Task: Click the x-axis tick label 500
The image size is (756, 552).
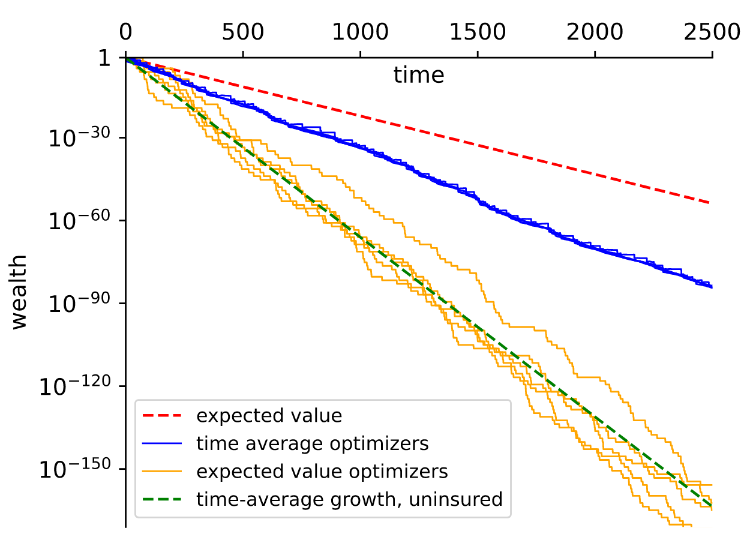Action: [x=242, y=32]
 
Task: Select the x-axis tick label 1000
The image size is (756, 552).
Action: [x=360, y=32]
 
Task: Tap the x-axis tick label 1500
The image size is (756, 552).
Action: [x=477, y=32]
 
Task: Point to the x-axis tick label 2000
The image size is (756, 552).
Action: [x=595, y=32]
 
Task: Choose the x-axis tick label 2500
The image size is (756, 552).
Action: [x=712, y=32]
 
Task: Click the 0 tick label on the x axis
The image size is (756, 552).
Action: [x=125, y=32]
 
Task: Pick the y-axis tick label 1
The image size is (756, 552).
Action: [x=104, y=59]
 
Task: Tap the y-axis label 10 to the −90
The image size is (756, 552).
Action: [x=79, y=305]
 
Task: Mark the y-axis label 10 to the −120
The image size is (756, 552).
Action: [x=74, y=387]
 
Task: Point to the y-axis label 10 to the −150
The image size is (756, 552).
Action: [x=74, y=470]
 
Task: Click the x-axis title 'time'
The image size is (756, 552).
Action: [x=419, y=76]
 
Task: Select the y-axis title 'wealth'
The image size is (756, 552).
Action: [x=20, y=292]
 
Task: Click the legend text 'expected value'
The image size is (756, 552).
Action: [x=269, y=415]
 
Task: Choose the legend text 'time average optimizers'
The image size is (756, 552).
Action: [x=313, y=443]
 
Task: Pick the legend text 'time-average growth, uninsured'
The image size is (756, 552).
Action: [x=349, y=499]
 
